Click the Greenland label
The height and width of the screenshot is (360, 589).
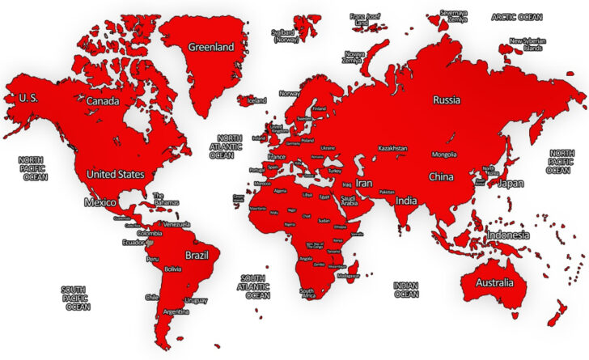210,47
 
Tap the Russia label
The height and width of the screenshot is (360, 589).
446,101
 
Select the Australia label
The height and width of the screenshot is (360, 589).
494,283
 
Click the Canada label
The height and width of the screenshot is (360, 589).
103,101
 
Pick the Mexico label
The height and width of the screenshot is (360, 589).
101,201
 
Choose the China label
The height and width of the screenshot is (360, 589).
441,176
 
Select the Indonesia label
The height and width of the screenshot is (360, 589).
508,235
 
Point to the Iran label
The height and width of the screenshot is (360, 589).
364,184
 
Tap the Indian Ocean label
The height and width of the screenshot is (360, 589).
405,290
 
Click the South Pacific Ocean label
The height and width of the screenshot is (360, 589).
78,298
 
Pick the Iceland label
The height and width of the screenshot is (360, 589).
256,100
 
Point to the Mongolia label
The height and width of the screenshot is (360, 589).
444,154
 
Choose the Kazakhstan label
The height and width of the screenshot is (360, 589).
392,149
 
